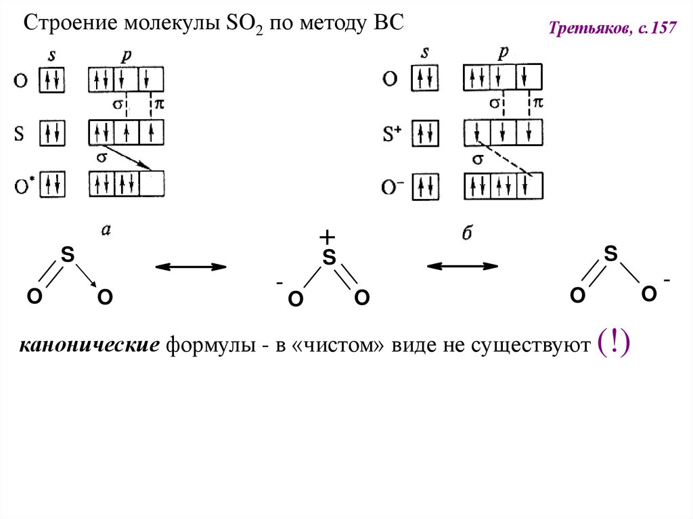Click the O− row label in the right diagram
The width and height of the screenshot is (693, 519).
click(x=392, y=185)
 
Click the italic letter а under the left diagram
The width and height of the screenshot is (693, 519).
click(x=106, y=230)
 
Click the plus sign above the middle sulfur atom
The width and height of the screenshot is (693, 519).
click(x=327, y=238)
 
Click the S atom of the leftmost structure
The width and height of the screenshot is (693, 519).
click(x=67, y=255)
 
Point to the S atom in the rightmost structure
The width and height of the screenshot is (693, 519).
click(x=610, y=254)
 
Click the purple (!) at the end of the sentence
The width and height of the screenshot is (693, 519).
click(x=614, y=345)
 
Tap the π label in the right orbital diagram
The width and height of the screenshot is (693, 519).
click(x=538, y=103)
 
